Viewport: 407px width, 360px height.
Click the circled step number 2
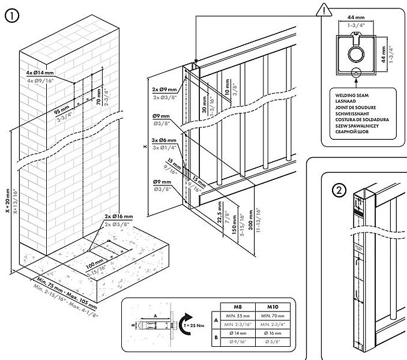[339, 191]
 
